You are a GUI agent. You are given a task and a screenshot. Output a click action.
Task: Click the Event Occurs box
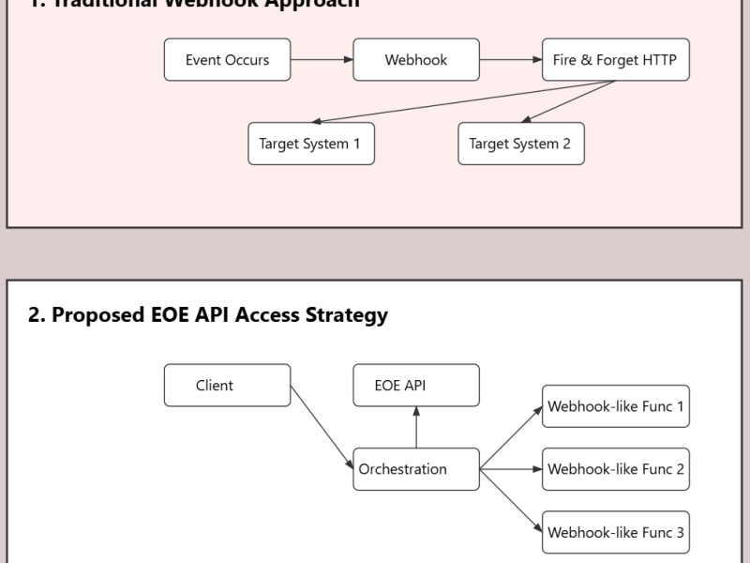coord(227,60)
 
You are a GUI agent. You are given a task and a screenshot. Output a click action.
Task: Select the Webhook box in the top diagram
coord(416,60)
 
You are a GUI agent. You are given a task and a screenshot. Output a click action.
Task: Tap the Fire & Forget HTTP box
coord(615,60)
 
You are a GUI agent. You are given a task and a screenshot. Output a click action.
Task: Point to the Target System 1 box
coord(310,144)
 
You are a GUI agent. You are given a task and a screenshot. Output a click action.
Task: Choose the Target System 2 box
coord(520,144)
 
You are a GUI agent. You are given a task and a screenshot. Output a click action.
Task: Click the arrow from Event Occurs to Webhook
coord(322,60)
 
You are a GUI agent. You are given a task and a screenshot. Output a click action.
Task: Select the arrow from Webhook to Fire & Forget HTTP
coord(511,60)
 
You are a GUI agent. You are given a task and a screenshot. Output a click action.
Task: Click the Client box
coord(227,386)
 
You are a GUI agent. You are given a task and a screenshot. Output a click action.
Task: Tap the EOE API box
coord(416,386)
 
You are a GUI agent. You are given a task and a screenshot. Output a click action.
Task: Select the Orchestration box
coord(416,469)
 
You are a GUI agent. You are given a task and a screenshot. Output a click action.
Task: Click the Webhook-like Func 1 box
coord(615,407)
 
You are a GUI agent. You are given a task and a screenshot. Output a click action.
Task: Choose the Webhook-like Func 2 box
coord(615,469)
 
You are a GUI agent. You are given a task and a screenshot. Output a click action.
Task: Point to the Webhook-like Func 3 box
coord(615,532)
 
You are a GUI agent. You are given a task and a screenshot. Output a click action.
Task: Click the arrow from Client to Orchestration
coord(322,427)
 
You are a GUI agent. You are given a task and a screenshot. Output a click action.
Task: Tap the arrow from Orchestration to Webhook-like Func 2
coord(511,469)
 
